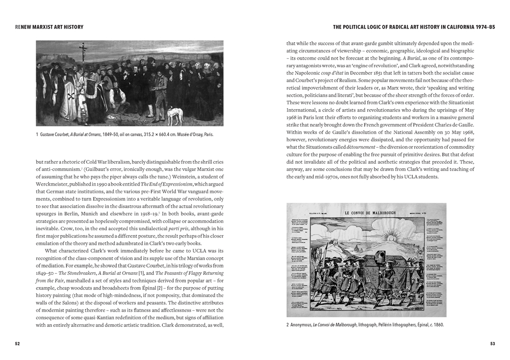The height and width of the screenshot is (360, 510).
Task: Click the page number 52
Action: coord(17,344)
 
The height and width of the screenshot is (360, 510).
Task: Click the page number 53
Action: coord(493,344)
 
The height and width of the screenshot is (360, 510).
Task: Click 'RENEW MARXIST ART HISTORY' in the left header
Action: coord(49,27)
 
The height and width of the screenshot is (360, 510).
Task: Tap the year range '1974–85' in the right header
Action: coord(483,27)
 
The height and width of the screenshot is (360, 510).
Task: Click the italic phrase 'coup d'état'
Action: coord(336,73)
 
